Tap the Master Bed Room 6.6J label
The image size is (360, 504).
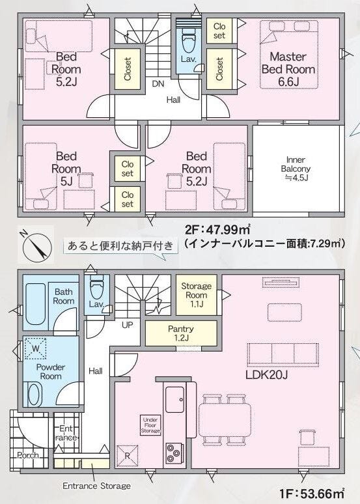coord(288,69)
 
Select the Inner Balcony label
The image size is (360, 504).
coord(296,169)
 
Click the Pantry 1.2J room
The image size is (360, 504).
coord(180,333)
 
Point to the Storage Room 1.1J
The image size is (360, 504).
coord(196,295)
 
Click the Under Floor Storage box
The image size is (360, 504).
coord(150,425)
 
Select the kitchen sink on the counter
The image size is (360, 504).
coord(175,399)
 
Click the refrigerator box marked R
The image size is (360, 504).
coord(128,455)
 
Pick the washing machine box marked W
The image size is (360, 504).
coord(36,348)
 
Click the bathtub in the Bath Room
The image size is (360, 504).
coord(35,304)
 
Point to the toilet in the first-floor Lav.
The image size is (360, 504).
coord(96,289)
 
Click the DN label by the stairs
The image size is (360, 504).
coord(158,84)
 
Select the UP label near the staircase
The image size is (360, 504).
coord(128,325)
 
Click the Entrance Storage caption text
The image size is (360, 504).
coord(97,486)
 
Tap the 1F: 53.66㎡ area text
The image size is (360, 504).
coord(312,494)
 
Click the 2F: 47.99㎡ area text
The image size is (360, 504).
coord(217,230)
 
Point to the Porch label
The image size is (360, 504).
coord(28,455)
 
